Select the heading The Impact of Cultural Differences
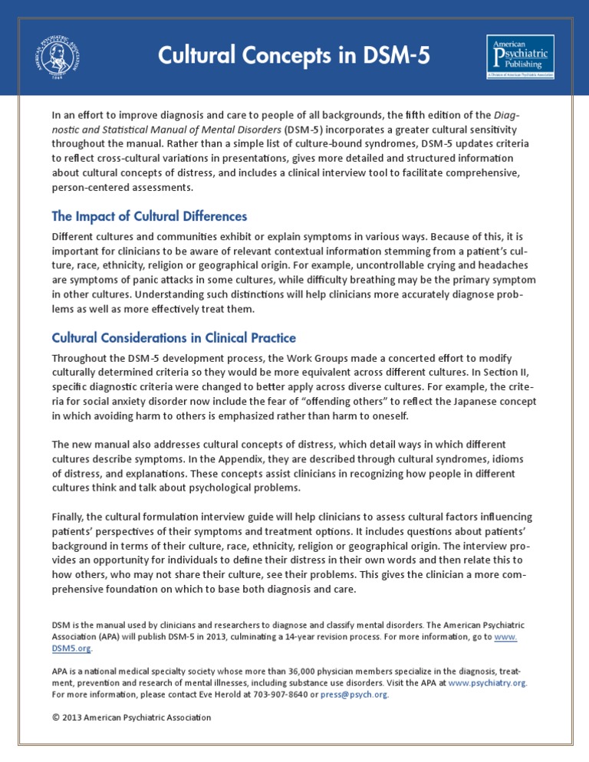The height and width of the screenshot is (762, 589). pos(149,217)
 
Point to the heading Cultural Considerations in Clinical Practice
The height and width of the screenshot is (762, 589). pos(173,338)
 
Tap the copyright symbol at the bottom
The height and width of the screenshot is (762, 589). pos(55,718)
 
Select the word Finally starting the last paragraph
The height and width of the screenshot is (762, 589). pos(69,517)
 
